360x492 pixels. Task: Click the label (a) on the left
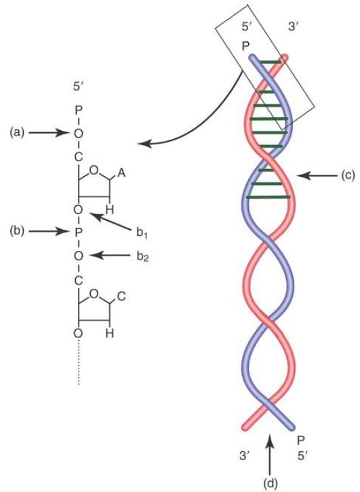pyautogui.click(x=17, y=133)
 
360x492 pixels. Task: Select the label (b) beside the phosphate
pyautogui.click(x=17, y=232)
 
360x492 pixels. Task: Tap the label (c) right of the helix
pyautogui.click(x=348, y=176)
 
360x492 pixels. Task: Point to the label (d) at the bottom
pyautogui.click(x=271, y=483)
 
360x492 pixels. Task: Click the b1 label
pyautogui.click(x=142, y=234)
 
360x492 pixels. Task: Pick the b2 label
pyautogui.click(x=142, y=257)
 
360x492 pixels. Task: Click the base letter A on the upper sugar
pyautogui.click(x=121, y=173)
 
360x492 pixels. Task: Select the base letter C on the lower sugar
pyautogui.click(x=121, y=297)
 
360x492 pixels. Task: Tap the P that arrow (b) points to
pyautogui.click(x=79, y=232)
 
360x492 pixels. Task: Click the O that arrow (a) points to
pyautogui.click(x=79, y=134)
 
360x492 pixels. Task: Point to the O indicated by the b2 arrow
pyautogui.click(x=79, y=256)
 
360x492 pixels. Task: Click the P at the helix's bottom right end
pyautogui.click(x=301, y=440)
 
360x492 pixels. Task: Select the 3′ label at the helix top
pyautogui.click(x=293, y=27)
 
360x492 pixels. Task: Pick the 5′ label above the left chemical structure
pyautogui.click(x=79, y=87)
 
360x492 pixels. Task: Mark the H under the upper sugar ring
pyautogui.click(x=110, y=209)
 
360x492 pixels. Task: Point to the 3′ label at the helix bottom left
pyautogui.click(x=245, y=455)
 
